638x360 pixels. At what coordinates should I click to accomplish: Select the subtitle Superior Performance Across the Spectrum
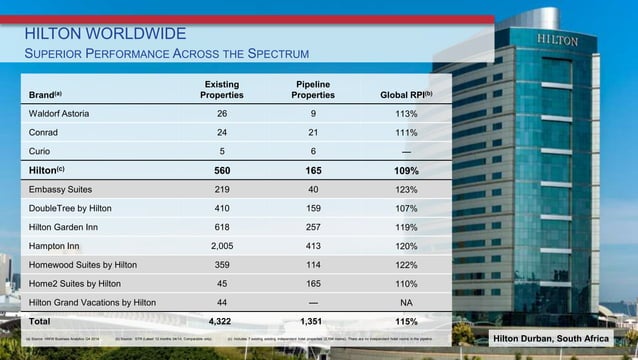tap(166, 53)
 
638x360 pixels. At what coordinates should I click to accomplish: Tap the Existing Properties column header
tap(221, 90)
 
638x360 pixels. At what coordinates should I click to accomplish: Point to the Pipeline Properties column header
tap(313, 90)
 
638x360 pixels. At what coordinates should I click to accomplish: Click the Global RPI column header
tap(405, 95)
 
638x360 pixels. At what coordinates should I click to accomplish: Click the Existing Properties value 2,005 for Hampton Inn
tap(221, 245)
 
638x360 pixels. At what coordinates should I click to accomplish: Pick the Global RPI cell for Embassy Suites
tap(405, 189)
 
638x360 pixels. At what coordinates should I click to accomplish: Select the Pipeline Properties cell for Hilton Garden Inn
tap(313, 227)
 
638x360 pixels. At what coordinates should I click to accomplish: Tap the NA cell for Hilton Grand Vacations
tap(405, 302)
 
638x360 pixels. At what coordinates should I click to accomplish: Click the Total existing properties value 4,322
tap(221, 323)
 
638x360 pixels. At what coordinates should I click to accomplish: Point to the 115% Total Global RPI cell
tap(405, 323)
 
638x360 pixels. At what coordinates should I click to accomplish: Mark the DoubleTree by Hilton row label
tap(70, 208)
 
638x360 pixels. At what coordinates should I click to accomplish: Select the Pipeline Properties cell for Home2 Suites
tap(313, 283)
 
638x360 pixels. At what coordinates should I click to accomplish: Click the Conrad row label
tap(45, 133)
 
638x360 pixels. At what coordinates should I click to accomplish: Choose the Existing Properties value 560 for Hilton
tap(221, 171)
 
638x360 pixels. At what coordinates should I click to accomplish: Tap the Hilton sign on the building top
tap(557, 39)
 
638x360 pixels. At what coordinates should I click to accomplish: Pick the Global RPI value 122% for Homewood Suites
tap(405, 265)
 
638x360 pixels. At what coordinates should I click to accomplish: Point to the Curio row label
tap(41, 151)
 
